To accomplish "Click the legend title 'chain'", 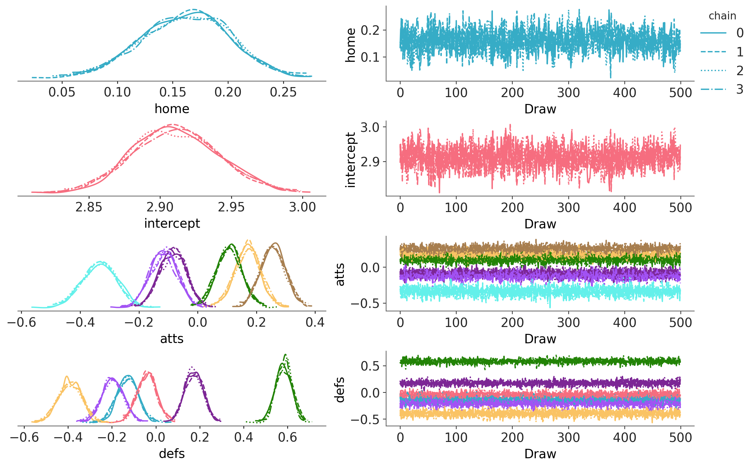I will click(x=722, y=16).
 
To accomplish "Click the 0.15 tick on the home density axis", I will click(x=173, y=92).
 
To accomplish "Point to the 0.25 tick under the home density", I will click(x=283, y=92).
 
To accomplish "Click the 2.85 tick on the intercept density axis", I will click(x=89, y=207).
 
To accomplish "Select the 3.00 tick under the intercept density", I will click(x=302, y=207).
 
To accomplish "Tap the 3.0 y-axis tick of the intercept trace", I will click(x=370, y=127).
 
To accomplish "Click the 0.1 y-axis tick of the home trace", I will click(x=370, y=57).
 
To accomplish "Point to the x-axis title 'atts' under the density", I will click(x=172, y=339).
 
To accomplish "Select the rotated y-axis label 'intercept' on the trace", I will click(x=351, y=160).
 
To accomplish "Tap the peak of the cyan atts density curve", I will click(x=100, y=262).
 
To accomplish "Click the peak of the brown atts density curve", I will click(x=275, y=243).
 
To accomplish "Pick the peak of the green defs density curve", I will click(x=285, y=355).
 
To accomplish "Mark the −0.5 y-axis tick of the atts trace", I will click(x=365, y=304).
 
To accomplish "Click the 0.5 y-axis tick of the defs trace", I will click(x=370, y=366).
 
